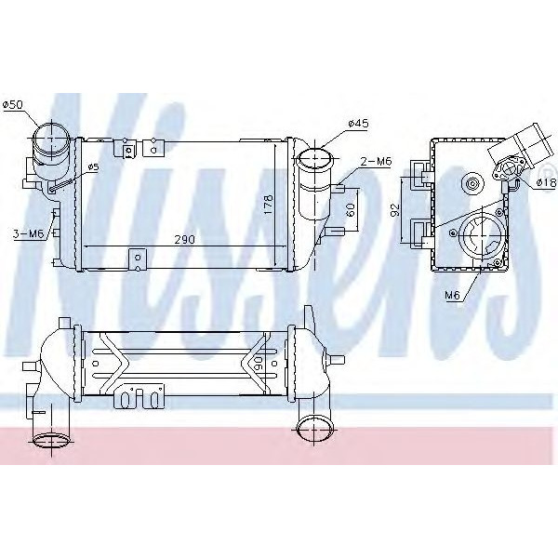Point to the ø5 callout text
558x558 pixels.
[92, 167]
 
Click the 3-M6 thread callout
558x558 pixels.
[29, 232]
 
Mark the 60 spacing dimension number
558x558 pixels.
[351, 209]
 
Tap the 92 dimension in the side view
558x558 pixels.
[394, 209]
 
